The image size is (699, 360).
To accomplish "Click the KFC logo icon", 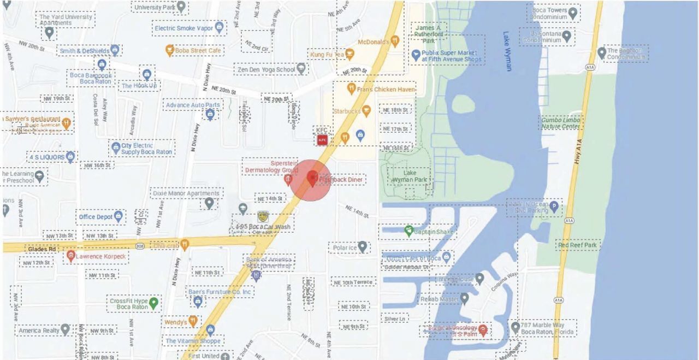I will coord(322,140).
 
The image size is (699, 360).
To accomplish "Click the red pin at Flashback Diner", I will coord(312,178).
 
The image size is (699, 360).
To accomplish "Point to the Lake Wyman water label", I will coord(507,50).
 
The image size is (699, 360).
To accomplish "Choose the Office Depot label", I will coord(96,217).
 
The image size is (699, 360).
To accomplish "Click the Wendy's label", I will coord(175,322).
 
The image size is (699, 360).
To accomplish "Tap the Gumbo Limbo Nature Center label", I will coord(560,122).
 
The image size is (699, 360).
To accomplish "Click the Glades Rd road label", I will coord(42,249).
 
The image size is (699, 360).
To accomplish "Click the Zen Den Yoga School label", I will coord(264,70).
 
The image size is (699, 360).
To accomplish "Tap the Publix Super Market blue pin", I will coord(416,55).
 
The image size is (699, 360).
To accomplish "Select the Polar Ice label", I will coord(344,248).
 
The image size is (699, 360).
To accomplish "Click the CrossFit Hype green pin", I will coord(154,302).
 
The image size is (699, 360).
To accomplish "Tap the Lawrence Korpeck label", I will coord(100,256).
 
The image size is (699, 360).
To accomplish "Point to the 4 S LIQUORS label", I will coord(46,157).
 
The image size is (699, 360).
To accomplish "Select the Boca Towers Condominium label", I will coord(547,13).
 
